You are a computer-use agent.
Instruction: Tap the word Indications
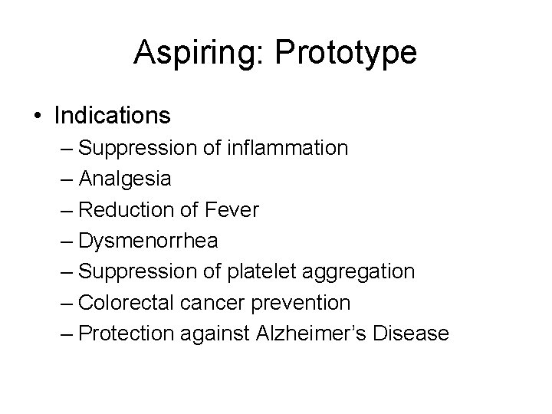pos(112,116)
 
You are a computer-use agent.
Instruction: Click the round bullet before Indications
pos(37,117)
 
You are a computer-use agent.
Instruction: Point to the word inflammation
pos(287,147)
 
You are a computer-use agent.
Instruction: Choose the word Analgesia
pos(125,179)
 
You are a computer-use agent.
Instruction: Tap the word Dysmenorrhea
pos(149,241)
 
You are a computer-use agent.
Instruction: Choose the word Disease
pos(412,333)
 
